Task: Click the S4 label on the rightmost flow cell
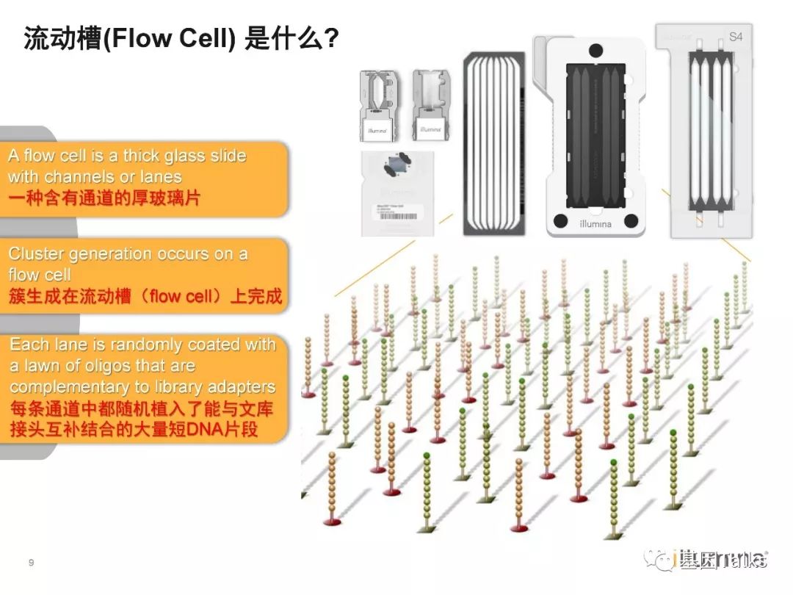735,37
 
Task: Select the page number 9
31,563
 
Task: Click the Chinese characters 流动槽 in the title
62,39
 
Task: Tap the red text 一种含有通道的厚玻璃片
104,198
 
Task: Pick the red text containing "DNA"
134,429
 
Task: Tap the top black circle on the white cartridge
595,49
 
